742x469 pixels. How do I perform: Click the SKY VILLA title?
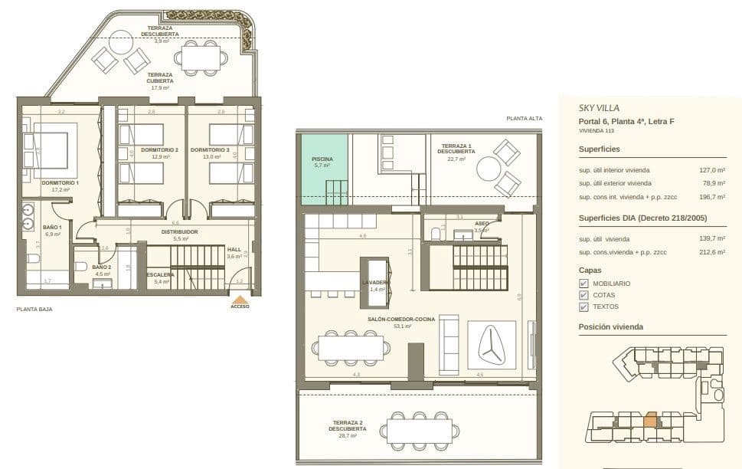coord(599,108)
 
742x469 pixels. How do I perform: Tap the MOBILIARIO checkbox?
coord(584,284)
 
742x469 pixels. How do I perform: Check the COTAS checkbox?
coord(584,295)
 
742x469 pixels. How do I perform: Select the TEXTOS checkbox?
coord(584,307)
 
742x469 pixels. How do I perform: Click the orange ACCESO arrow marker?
coord(240,300)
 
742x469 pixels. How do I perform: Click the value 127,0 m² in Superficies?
coord(711,170)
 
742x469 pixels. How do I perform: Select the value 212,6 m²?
coord(711,252)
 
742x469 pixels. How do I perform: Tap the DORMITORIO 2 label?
coord(159,149)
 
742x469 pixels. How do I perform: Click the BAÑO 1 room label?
coord(53,227)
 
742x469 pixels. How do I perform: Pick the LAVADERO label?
coord(375,282)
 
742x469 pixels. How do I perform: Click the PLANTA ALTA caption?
coord(525,118)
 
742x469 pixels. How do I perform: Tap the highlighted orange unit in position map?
coord(650,421)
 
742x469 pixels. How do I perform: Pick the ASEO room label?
coord(482,224)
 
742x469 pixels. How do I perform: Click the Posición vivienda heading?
coord(610,326)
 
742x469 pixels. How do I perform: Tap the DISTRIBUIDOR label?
coord(180,231)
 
